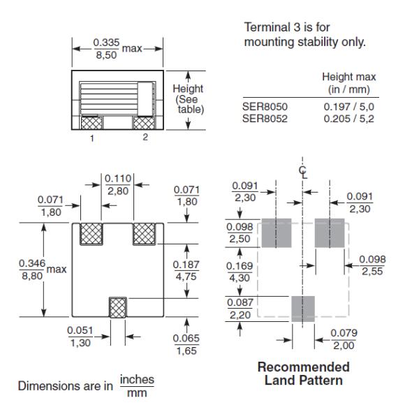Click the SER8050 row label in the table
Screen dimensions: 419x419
pos(265,107)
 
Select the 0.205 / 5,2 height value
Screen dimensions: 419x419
pos(348,119)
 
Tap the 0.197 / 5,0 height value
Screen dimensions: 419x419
pos(348,107)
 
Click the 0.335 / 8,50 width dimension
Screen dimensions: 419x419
pos(106,49)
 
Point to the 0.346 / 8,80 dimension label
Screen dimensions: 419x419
pos(32,270)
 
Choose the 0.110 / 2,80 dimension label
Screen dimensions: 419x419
pos(118,184)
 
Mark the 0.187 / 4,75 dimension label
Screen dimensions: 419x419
pos(186,270)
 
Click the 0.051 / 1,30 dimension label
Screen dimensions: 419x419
pos(80,337)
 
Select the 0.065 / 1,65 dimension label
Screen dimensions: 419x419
pos(186,344)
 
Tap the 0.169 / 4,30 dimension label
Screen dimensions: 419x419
pos(240,272)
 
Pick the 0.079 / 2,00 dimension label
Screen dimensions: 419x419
pos(344,339)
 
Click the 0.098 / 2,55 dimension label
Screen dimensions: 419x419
pos(372,265)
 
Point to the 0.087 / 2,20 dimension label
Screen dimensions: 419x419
pos(240,309)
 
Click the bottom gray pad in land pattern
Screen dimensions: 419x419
pos(303,309)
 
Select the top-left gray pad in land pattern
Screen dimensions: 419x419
pos(277,233)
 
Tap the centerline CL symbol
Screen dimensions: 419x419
pos(303,172)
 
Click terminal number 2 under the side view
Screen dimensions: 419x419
pos(145,137)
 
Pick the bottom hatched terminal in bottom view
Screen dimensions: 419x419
pos(118,307)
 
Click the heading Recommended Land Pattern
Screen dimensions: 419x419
pos(304,374)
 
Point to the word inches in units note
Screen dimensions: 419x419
pos(137,379)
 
